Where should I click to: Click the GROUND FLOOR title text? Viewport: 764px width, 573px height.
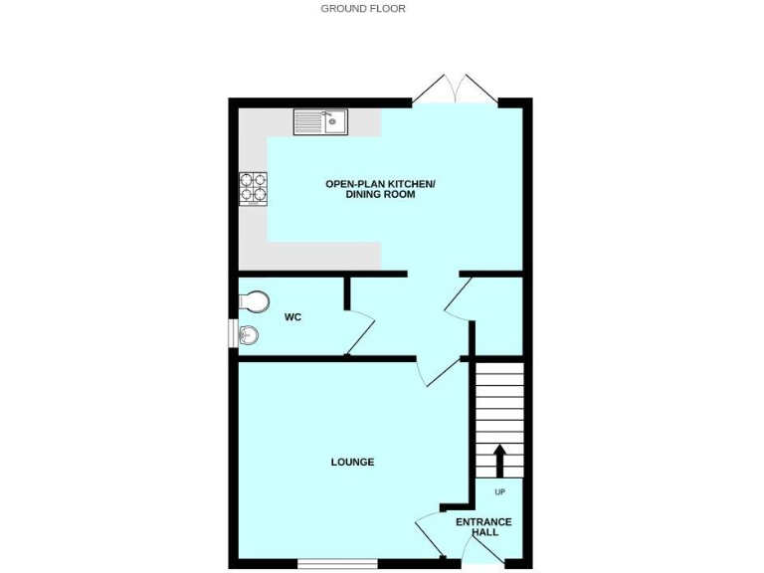pyautogui.click(x=363, y=8)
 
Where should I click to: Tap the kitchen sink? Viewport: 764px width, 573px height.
pyautogui.click(x=320, y=122)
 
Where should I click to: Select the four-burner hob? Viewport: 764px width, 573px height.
pyautogui.click(x=253, y=189)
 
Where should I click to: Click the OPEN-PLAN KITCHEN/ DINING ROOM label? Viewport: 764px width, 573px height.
pyautogui.click(x=381, y=189)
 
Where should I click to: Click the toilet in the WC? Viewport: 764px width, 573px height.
pyautogui.click(x=254, y=299)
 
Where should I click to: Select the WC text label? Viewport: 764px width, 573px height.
pyautogui.click(x=292, y=318)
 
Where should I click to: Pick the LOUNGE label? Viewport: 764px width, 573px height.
pyautogui.click(x=352, y=462)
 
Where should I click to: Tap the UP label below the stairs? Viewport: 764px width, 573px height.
pyautogui.click(x=499, y=492)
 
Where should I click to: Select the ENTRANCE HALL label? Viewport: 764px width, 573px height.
pyautogui.click(x=483, y=527)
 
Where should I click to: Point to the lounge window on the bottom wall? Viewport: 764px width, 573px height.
pyautogui.click(x=337, y=564)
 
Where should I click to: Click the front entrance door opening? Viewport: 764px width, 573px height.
pyautogui.click(x=483, y=564)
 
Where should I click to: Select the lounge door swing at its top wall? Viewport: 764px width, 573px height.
pyautogui.click(x=440, y=373)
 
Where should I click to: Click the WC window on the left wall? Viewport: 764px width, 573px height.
pyautogui.click(x=233, y=334)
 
